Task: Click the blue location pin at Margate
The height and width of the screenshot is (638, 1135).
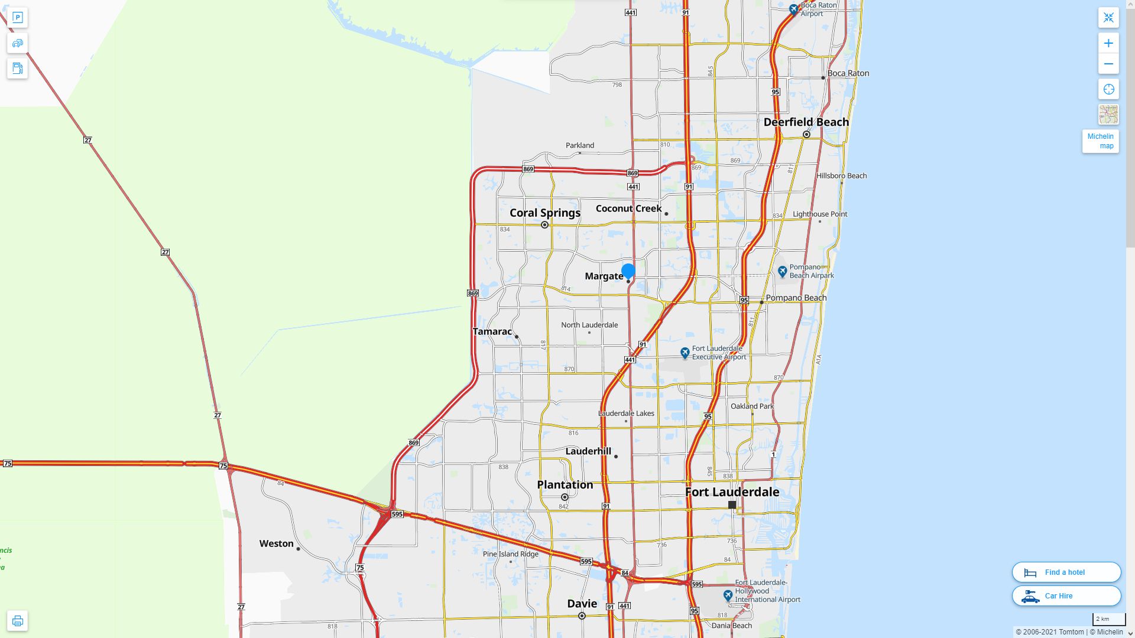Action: [x=628, y=272]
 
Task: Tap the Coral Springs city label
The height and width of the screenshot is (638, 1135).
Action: [x=545, y=213]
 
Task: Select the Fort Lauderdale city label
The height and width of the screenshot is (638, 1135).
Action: [x=732, y=491]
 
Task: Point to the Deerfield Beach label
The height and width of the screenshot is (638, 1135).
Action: [x=806, y=122]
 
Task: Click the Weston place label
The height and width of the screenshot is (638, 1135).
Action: [x=276, y=543]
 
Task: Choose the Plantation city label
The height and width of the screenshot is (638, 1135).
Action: [x=565, y=485]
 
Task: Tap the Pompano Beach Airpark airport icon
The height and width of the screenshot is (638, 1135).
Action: [x=783, y=271]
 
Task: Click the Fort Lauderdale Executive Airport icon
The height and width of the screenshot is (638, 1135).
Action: [x=685, y=353]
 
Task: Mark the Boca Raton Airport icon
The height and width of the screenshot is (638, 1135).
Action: [x=794, y=9]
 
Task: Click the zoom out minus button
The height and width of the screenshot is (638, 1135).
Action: [x=1108, y=64]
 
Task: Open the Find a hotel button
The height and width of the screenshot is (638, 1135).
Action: [x=1066, y=572]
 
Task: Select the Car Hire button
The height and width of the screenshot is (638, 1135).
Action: [x=1066, y=595]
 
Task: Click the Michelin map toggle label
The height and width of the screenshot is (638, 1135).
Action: [x=1100, y=141]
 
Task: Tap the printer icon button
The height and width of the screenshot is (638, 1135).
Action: [x=17, y=621]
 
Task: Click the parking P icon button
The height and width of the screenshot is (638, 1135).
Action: [x=17, y=18]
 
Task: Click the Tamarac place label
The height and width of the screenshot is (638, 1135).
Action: [x=492, y=331]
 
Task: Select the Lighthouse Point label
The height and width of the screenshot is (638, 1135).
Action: [x=819, y=214]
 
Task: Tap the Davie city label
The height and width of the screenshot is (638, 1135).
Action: [x=582, y=604]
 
